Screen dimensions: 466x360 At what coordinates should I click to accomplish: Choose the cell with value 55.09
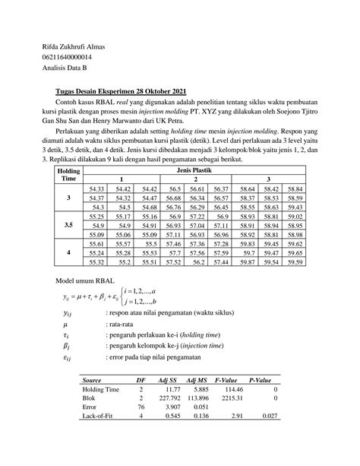(96, 235)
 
